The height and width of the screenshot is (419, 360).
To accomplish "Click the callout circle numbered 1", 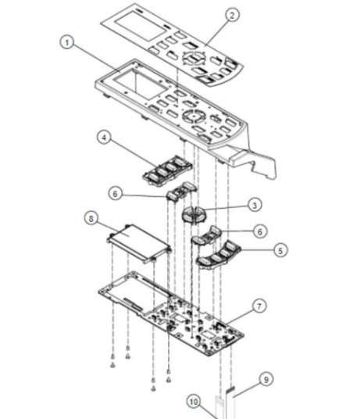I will (x=69, y=42).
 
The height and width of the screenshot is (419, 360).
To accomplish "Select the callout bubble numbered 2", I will (x=231, y=15).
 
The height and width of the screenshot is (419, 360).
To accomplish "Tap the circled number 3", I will (x=255, y=205).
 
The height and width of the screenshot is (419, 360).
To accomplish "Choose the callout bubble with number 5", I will (x=280, y=250).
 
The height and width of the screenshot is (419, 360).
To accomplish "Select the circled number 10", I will (x=194, y=402).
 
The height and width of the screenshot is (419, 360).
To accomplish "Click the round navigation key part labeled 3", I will (x=195, y=213).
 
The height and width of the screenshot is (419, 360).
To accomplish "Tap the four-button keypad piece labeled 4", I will (x=166, y=169).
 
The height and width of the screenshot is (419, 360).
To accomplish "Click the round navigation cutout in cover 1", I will (x=192, y=114).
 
